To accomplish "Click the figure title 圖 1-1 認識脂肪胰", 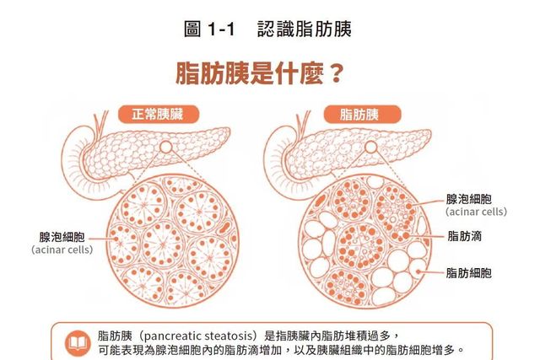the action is point(267,29).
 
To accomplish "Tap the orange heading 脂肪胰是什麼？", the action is point(260,73).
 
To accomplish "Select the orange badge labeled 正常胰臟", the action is point(159,115).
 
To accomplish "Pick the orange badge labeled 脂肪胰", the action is point(362,115).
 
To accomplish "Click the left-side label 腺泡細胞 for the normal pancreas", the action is point(62,237).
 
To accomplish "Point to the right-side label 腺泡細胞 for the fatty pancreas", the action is point(469,199).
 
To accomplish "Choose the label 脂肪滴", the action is point(465,236).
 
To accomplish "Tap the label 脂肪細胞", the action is point(469,273).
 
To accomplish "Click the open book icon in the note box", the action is point(78,343).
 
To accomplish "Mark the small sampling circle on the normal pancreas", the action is point(165,147).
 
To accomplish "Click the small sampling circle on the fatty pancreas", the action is point(371,147).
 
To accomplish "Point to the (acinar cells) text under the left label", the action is point(62,250).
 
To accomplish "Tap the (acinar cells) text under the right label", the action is point(476,212).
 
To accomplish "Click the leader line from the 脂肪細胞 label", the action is point(430,272).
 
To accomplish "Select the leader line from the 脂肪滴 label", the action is point(425,236).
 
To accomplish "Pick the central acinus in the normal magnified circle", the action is point(163,244).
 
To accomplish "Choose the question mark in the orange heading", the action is point(336,73).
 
